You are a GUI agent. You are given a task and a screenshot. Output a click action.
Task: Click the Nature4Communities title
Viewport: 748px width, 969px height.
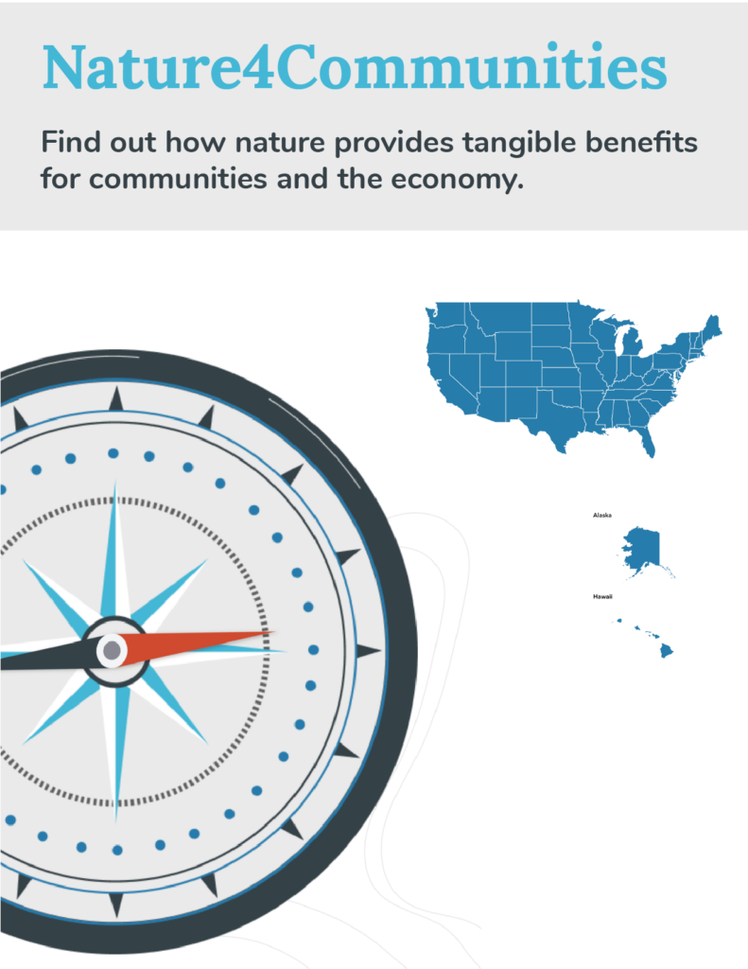click(355, 67)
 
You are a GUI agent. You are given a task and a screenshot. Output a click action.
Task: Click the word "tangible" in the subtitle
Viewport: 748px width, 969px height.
click(520, 144)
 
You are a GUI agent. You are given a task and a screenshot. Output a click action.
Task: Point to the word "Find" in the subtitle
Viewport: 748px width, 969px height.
click(71, 142)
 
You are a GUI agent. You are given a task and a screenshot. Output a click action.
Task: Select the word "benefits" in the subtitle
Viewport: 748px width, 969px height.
click(641, 142)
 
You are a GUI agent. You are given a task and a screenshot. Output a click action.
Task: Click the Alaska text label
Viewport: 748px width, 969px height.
click(602, 515)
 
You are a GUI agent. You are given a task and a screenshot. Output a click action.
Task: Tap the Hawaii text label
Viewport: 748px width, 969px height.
click(602, 596)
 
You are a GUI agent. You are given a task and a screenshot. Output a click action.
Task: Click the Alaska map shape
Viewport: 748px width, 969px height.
click(642, 549)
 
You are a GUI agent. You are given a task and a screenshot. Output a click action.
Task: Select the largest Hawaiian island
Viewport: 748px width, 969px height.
click(665, 651)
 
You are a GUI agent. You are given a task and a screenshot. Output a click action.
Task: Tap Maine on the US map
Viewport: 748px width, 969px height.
click(711, 326)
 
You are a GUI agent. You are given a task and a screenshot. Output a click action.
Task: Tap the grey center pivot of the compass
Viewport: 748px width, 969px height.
click(112, 650)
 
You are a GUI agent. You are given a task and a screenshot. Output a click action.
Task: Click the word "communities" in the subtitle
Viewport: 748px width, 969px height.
click(178, 179)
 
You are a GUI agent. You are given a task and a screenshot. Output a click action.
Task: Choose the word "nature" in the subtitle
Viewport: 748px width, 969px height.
click(280, 144)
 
